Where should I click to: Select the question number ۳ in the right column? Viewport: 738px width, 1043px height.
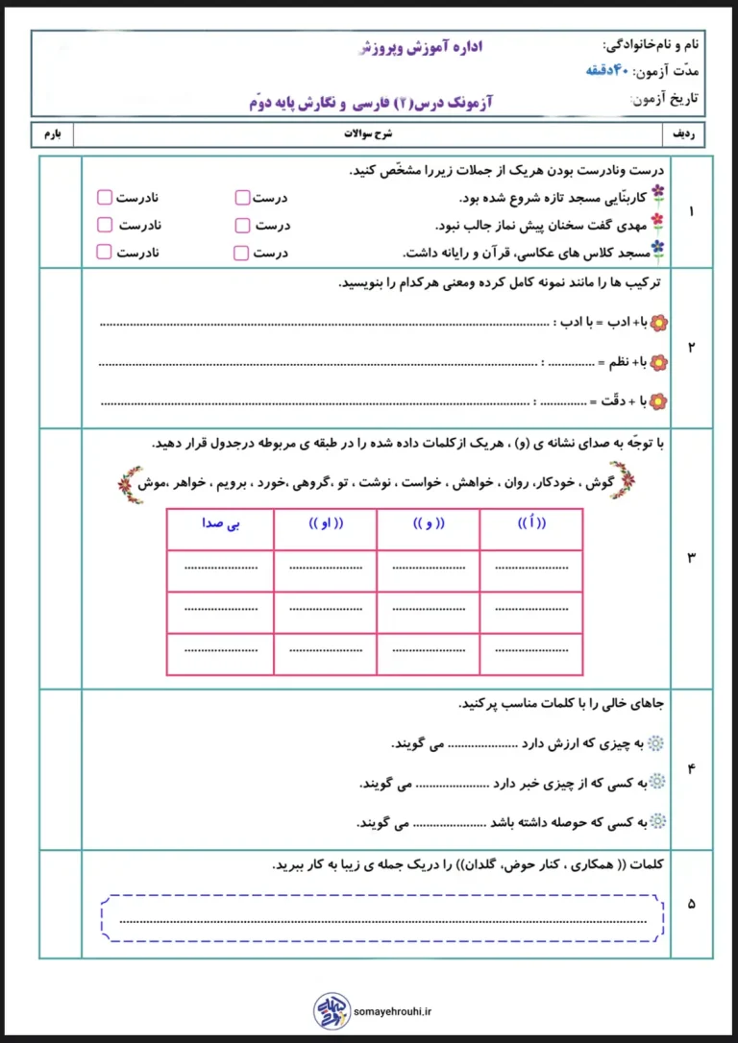click(x=692, y=558)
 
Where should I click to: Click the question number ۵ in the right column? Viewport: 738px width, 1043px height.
click(x=692, y=904)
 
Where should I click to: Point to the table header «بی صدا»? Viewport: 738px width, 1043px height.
click(x=219, y=523)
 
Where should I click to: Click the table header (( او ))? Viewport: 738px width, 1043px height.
click(x=327, y=523)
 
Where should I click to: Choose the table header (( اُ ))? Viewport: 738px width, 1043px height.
click(x=531, y=523)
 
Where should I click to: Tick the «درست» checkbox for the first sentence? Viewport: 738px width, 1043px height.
click(x=241, y=198)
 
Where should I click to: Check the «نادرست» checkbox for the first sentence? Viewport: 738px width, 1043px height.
click(x=105, y=198)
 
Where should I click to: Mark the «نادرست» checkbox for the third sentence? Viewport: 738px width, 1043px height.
click(x=105, y=253)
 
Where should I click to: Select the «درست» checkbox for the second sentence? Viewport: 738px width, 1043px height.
click(x=241, y=226)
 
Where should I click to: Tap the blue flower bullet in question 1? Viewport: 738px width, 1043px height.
click(x=657, y=250)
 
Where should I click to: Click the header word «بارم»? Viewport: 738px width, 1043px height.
click(x=52, y=133)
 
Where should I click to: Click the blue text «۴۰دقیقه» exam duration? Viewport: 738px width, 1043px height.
click(x=611, y=71)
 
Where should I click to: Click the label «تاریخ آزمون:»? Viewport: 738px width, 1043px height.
click(x=664, y=99)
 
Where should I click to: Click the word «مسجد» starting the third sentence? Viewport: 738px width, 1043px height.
click(x=630, y=253)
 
